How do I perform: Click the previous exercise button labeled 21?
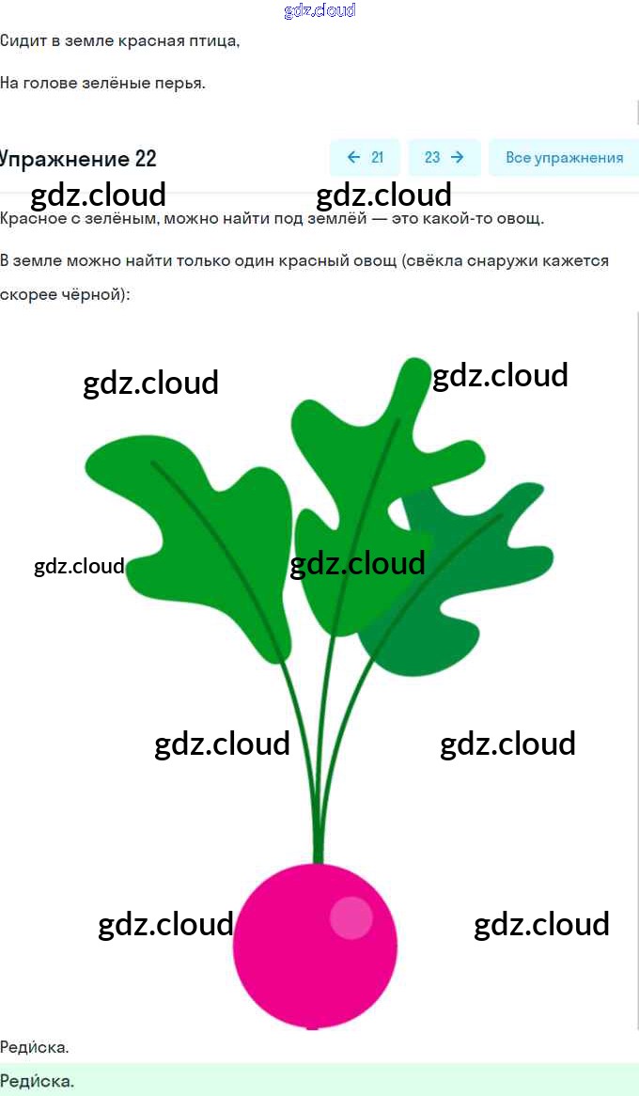[365, 158]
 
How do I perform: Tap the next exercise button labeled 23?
[444, 158]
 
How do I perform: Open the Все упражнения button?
[564, 158]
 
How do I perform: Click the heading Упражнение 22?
[77, 158]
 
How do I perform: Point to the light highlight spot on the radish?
[351, 917]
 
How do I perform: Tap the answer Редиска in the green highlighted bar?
[37, 1081]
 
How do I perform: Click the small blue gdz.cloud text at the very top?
[319, 11]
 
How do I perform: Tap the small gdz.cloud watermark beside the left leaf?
[79, 566]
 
